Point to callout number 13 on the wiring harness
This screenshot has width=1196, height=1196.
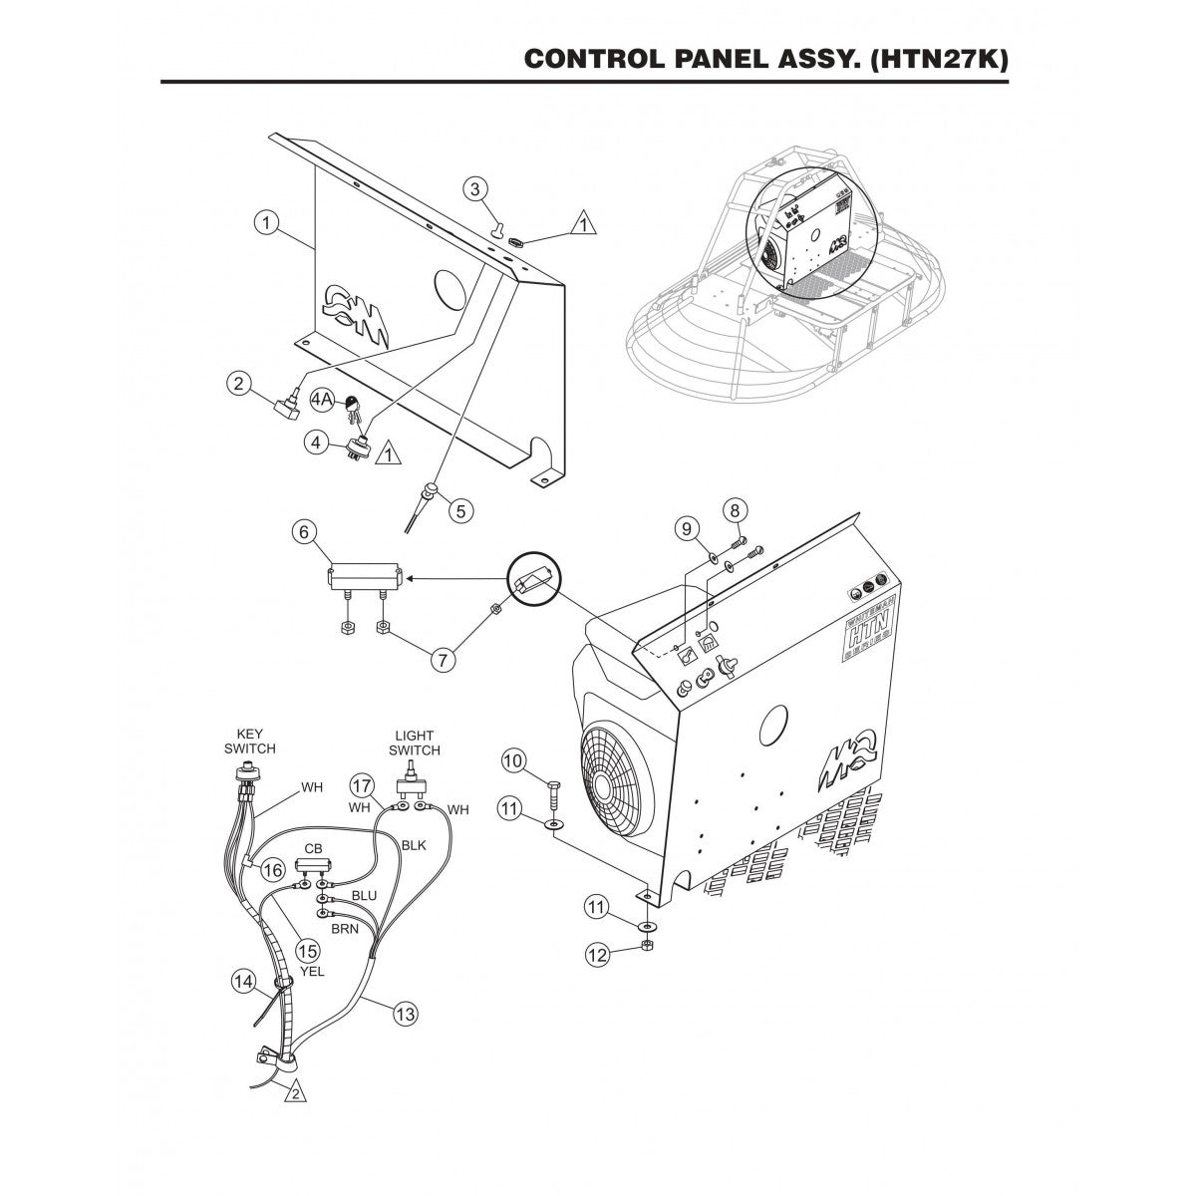pyautogui.click(x=404, y=1014)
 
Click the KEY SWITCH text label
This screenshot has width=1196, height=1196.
pyautogui.click(x=249, y=742)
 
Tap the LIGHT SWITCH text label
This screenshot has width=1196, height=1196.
pyautogui.click(x=412, y=744)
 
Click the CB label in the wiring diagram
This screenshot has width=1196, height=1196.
pyautogui.click(x=313, y=849)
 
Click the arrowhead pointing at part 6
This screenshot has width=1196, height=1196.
pyautogui.click(x=411, y=576)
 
